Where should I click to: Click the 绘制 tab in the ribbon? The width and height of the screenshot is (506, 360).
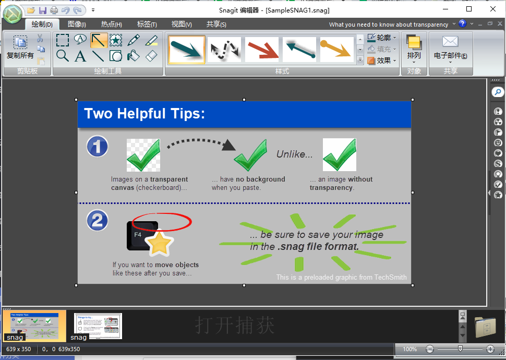(x=42, y=25)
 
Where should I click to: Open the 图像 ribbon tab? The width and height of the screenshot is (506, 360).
(x=77, y=25)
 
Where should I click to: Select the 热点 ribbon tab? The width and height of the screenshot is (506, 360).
(x=111, y=25)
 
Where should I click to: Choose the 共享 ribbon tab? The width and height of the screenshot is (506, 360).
(x=216, y=25)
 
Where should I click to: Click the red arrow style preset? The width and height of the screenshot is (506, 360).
(x=262, y=50)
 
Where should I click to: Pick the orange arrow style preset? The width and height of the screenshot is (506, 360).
(x=336, y=50)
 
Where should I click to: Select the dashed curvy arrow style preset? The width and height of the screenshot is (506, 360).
(x=224, y=50)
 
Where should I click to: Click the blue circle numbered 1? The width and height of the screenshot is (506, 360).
(x=97, y=147)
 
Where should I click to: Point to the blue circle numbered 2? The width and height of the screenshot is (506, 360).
(x=97, y=221)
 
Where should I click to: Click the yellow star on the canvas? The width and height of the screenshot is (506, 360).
(x=159, y=244)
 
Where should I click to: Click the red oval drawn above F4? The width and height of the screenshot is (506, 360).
(x=162, y=222)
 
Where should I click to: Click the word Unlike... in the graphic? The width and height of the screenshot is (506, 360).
(x=295, y=154)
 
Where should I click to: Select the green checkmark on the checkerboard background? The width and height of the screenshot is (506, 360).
(x=143, y=155)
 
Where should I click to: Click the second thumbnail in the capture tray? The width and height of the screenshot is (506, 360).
(x=98, y=326)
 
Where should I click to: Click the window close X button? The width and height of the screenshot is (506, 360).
(x=493, y=9)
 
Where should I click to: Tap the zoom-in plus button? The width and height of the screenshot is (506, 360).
(x=490, y=349)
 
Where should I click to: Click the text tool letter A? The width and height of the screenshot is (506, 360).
(x=80, y=56)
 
